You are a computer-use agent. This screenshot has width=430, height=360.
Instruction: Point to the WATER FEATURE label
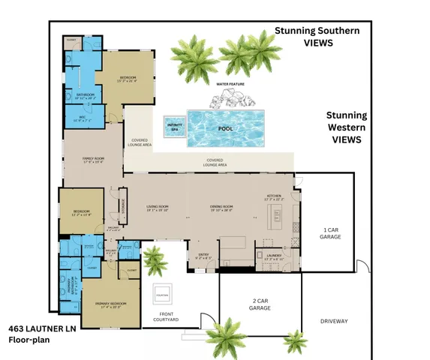pos(232,85)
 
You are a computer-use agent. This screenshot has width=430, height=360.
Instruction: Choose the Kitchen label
pos(273,198)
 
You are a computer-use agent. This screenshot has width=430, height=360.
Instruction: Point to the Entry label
pos(204,255)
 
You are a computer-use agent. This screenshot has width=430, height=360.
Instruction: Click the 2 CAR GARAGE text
pos(260,304)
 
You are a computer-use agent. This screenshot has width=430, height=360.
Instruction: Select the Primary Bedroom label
pos(110,304)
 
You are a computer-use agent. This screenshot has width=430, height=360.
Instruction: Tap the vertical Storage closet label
pos(124,201)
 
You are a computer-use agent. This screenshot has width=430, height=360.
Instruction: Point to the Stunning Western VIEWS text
pos(346,127)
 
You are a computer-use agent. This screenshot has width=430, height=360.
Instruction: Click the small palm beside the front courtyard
pos(155,259)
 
